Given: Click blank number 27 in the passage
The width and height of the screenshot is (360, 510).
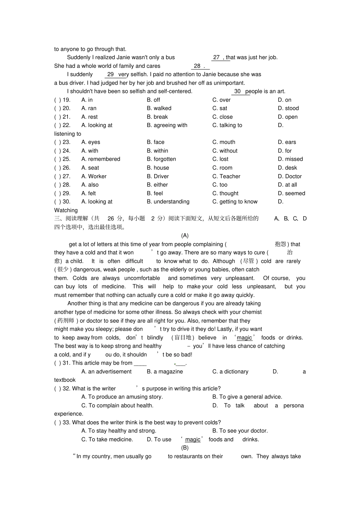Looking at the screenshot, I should click(216, 57).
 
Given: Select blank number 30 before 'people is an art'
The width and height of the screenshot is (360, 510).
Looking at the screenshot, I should click(237, 91).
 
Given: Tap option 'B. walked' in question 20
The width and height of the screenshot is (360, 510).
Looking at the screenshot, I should click(159, 108).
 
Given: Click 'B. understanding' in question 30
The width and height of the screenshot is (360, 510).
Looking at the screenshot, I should click(168, 202).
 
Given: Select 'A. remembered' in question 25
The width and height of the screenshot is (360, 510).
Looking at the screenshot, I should click(100, 159).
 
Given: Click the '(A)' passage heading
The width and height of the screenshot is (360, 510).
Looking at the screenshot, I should click(185, 235).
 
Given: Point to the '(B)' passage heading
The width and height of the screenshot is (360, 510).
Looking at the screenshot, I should click(185, 448).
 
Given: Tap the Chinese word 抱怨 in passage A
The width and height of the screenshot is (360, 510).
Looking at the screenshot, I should click(280, 244).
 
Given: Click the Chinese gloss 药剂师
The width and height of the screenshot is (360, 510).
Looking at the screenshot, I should click(66, 321).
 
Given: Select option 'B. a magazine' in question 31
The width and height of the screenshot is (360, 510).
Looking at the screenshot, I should click(164, 372).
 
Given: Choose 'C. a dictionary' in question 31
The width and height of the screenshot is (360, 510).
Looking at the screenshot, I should click(230, 372).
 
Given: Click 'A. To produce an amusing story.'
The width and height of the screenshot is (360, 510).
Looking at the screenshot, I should click(122, 397).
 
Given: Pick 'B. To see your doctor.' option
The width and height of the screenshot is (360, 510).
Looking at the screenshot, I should click(240, 431).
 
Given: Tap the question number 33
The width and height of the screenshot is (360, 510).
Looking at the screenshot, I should click(66, 422).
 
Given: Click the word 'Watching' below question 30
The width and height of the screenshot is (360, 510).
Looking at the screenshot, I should click(66, 210).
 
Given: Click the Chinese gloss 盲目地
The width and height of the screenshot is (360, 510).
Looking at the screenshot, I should click(183, 338).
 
